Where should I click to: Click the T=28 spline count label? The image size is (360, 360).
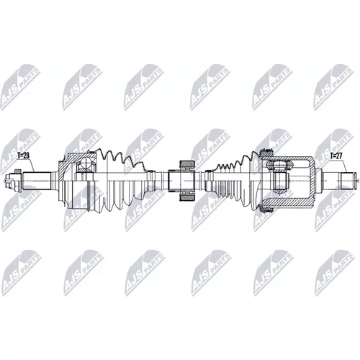(24, 156)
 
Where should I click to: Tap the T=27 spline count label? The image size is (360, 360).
(336, 156)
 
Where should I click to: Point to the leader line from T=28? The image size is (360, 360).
(32, 165)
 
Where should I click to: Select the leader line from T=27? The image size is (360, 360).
(344, 166)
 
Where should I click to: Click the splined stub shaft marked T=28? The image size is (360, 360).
(37, 180)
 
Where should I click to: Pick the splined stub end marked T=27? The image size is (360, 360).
(347, 181)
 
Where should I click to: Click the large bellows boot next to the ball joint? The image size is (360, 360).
(120, 181)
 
